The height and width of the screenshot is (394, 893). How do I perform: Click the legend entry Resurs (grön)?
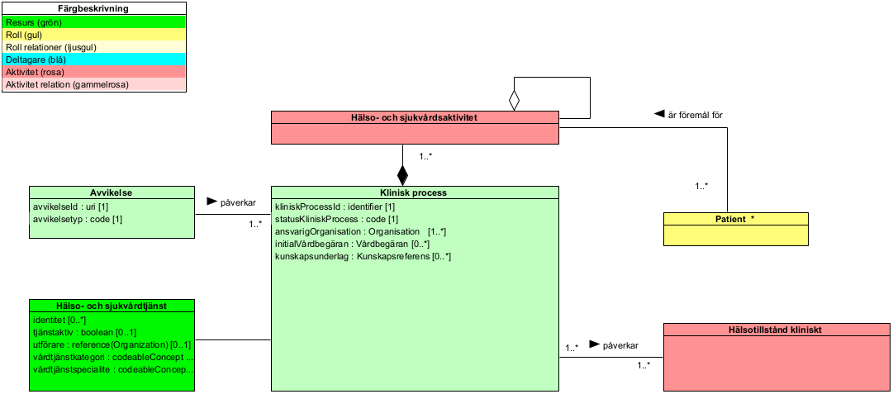pyautogui.click(x=37, y=23)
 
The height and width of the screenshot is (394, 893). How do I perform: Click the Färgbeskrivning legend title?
pyautogui.click(x=93, y=9)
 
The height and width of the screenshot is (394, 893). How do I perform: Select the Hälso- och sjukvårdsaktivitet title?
pyautogui.click(x=415, y=117)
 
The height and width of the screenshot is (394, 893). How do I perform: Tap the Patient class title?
pyautogui.click(x=735, y=219)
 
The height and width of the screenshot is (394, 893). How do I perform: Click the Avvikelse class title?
pyautogui.click(x=112, y=192)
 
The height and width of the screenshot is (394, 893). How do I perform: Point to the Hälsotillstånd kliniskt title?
pyautogui.click(x=776, y=330)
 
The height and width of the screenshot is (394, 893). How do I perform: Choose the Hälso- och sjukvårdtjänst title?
pyautogui.click(x=112, y=306)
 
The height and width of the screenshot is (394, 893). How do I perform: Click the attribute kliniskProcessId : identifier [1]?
pyautogui.click(x=335, y=206)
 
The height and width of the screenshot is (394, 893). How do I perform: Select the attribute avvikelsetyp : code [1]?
pyautogui.click(x=78, y=219)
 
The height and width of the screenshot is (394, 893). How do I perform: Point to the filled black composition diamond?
pyautogui.click(x=402, y=175)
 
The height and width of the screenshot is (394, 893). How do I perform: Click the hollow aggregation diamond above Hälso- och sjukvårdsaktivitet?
pyautogui.click(x=514, y=101)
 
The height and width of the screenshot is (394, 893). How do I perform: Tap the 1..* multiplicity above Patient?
pyautogui.click(x=701, y=187)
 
